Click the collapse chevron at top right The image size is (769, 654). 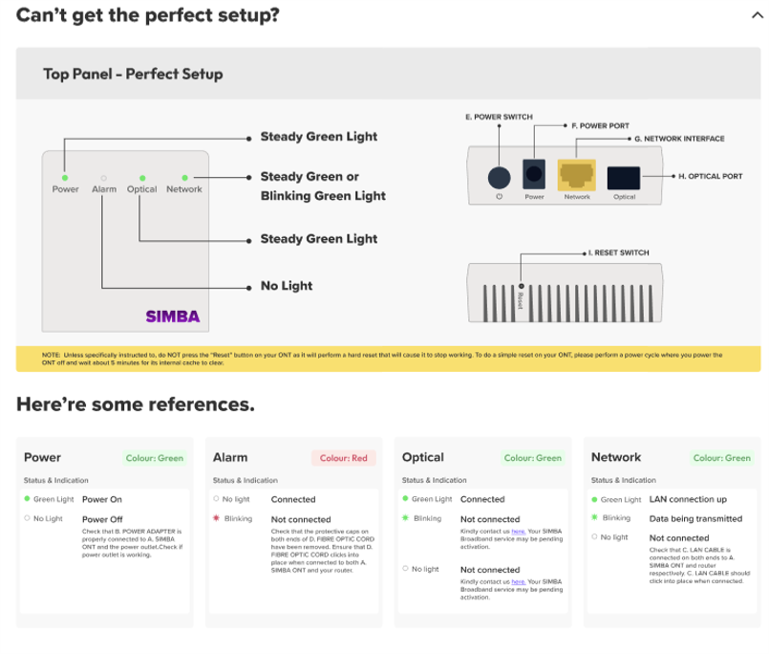752,15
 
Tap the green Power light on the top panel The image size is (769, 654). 64,178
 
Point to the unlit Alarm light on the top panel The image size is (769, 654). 103,178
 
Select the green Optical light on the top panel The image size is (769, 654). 141,178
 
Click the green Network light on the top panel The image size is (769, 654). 184,178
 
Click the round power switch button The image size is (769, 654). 499,177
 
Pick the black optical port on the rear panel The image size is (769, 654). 624,177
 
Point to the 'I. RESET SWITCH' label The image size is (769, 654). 619,253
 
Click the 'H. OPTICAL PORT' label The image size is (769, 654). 710,176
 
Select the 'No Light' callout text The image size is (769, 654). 287,286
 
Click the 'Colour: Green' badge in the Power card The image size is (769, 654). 155,458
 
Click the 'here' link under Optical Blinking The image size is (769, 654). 517,530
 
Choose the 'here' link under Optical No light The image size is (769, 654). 517,580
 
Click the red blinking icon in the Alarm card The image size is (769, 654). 217,518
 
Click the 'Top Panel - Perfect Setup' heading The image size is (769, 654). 133,74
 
